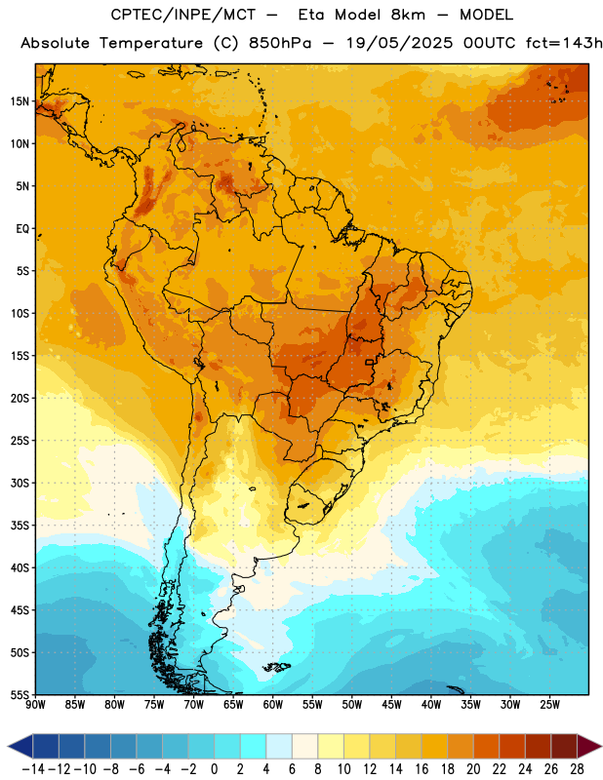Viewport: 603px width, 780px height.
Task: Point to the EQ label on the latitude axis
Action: [22, 229]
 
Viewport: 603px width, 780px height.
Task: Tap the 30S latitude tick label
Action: [20, 484]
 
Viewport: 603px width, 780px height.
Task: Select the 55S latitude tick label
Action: [20, 694]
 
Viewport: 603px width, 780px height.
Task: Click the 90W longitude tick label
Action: [35, 705]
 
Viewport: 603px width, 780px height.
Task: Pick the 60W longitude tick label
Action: [273, 705]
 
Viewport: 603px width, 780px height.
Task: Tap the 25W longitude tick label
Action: [549, 705]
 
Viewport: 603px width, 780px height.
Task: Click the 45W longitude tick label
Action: [391, 705]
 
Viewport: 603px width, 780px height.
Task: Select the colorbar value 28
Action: [577, 769]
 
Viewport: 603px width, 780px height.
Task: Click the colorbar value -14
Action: [33, 769]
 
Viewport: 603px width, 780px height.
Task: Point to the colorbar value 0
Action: [214, 769]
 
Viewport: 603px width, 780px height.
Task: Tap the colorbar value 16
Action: [422, 769]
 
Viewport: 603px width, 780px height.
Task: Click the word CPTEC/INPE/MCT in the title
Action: [183, 15]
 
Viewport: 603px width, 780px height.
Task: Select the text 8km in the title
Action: [408, 15]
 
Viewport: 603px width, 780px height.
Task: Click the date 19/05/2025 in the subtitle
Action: [400, 43]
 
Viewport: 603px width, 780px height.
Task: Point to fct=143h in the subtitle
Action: [564, 43]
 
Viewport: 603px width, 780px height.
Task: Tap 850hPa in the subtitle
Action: [280, 43]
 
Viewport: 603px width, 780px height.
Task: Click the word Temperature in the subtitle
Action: [151, 43]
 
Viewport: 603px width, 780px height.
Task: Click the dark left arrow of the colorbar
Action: [20, 747]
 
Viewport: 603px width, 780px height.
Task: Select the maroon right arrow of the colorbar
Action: [589, 747]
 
